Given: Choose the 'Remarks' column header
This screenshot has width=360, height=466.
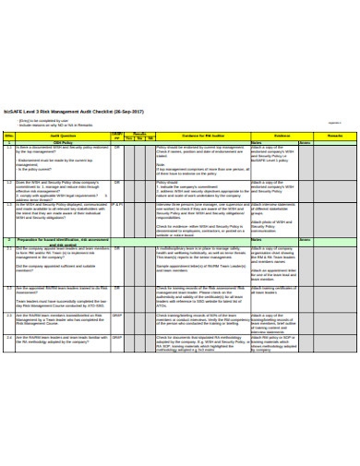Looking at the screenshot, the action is (333, 136).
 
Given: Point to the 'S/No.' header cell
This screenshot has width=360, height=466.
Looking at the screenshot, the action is (9, 136).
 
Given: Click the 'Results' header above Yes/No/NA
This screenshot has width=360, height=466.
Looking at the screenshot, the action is (140, 133).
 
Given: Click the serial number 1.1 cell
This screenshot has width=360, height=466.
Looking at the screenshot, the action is (9, 149).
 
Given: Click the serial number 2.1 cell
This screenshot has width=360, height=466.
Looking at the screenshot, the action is (9, 249).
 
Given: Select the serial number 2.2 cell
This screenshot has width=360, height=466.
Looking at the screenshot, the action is (9, 289).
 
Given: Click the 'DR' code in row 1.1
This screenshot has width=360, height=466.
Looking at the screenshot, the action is (117, 149).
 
